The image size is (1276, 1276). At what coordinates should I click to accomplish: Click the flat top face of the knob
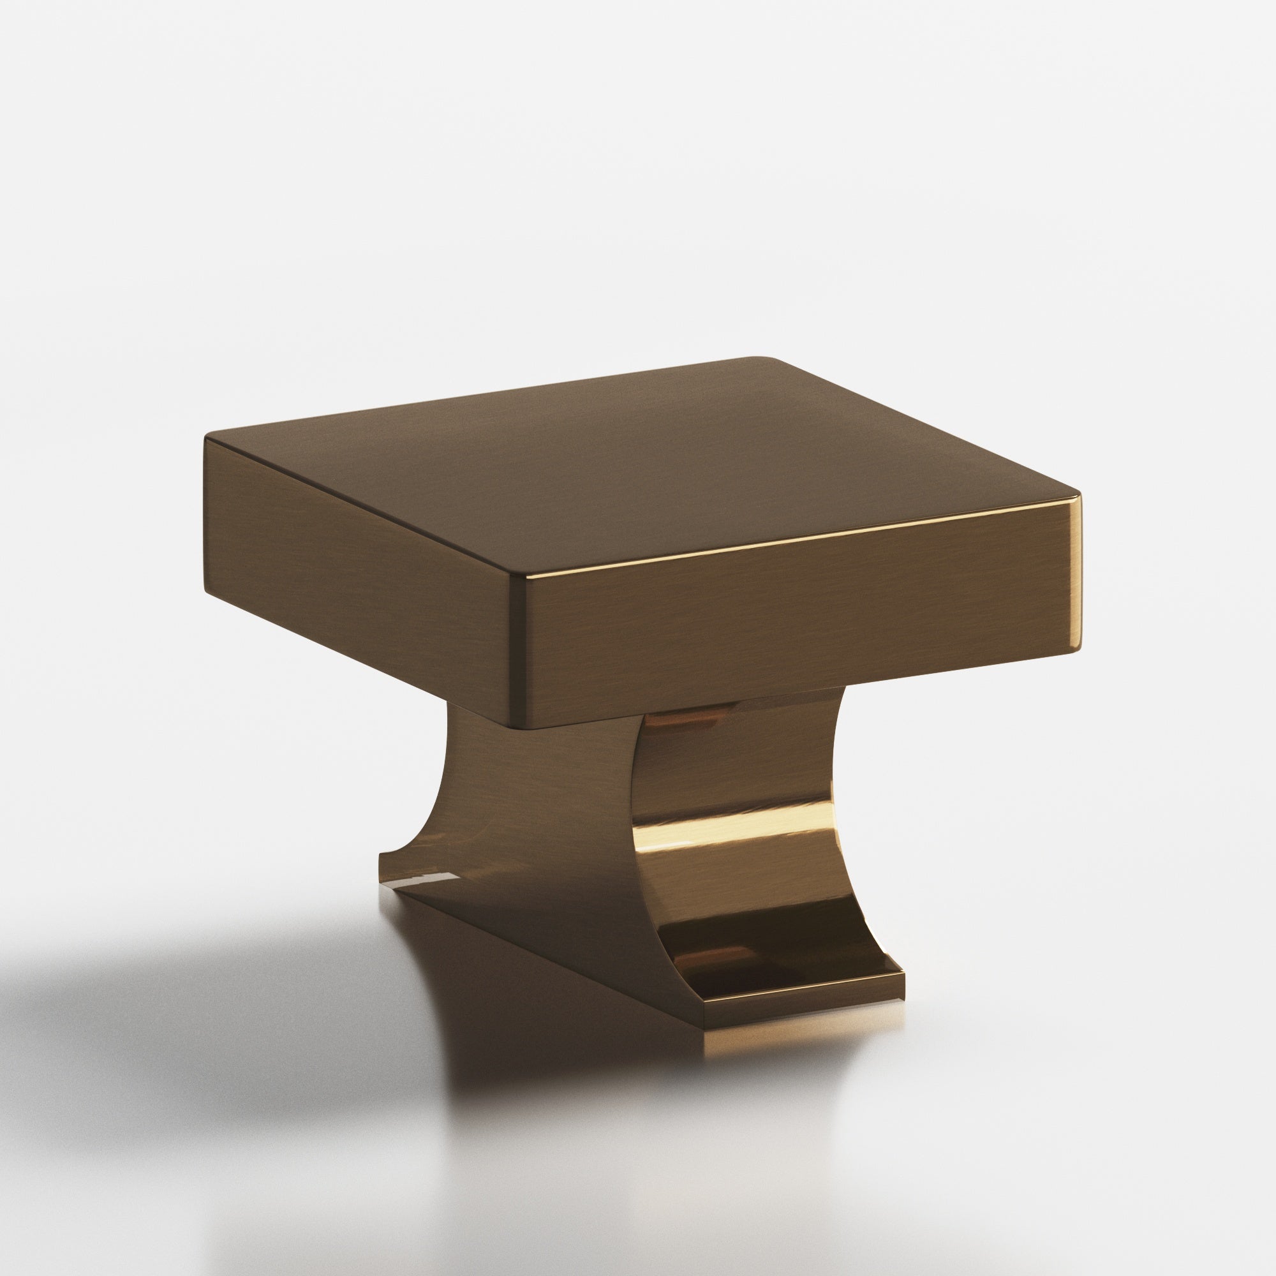(x=634, y=475)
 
